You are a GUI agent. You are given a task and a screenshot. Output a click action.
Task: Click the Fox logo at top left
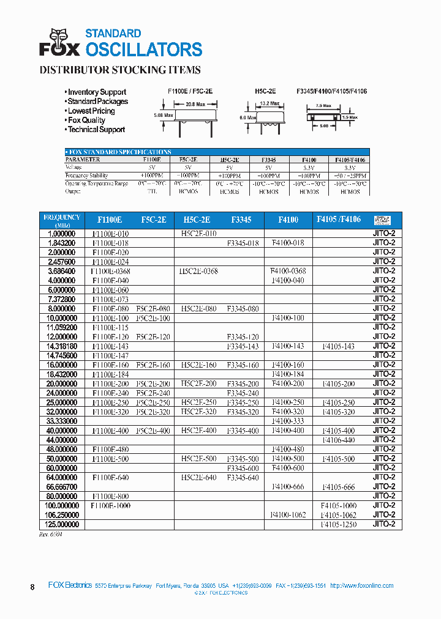click(x=59, y=42)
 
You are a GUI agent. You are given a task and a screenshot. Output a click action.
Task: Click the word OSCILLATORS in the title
click(x=143, y=50)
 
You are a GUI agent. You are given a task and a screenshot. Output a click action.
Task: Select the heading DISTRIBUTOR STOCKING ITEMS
click(x=120, y=70)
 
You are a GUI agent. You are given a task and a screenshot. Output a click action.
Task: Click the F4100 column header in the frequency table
click(x=288, y=219)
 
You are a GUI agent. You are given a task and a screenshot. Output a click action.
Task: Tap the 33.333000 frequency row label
click(x=61, y=421)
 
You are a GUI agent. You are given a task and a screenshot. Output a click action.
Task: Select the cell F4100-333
click(x=287, y=421)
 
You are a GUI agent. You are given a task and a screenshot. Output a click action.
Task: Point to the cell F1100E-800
click(x=110, y=496)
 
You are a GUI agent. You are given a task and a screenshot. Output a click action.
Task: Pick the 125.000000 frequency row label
click(x=61, y=524)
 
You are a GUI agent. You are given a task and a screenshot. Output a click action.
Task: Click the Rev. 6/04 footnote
click(x=50, y=534)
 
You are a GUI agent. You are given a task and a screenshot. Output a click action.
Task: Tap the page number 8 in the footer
click(x=32, y=587)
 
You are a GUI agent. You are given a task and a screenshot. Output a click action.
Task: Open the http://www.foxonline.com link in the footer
click(x=361, y=585)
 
